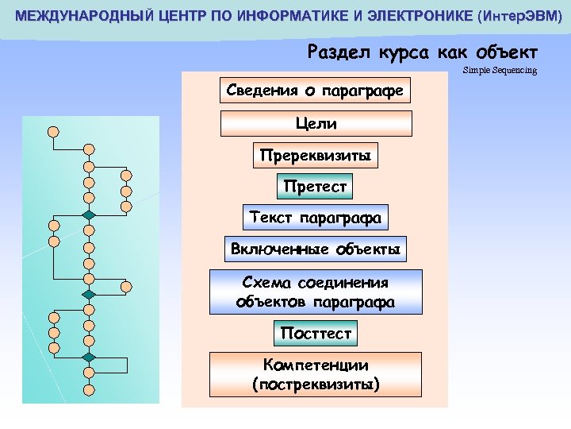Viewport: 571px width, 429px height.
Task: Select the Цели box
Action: point(316,124)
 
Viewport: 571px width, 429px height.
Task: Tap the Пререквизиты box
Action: point(316,156)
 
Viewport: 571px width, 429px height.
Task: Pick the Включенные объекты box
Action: point(316,249)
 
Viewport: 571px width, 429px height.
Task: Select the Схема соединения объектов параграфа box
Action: point(316,292)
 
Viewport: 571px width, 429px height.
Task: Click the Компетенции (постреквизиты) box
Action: point(316,375)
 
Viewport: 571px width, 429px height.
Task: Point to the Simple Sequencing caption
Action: point(500,71)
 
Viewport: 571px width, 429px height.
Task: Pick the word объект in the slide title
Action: point(508,52)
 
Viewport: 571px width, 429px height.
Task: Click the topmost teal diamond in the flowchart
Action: point(90,215)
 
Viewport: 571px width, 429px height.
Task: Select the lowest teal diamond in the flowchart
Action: point(90,357)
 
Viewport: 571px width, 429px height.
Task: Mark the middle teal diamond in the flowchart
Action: point(90,295)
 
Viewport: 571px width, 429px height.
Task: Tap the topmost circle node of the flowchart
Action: point(53,131)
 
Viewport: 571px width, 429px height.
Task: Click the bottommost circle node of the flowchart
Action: point(90,389)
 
